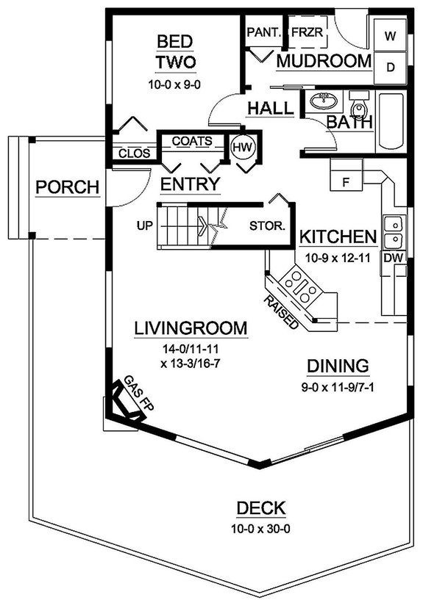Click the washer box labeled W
(391, 35)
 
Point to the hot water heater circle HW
(243, 148)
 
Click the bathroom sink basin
(321, 100)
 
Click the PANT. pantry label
(260, 33)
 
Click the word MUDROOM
(323, 61)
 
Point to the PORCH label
(67, 188)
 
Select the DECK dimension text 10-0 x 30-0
(261, 527)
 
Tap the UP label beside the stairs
(144, 225)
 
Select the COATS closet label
(192, 140)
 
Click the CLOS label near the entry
(134, 153)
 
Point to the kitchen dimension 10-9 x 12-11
(338, 257)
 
